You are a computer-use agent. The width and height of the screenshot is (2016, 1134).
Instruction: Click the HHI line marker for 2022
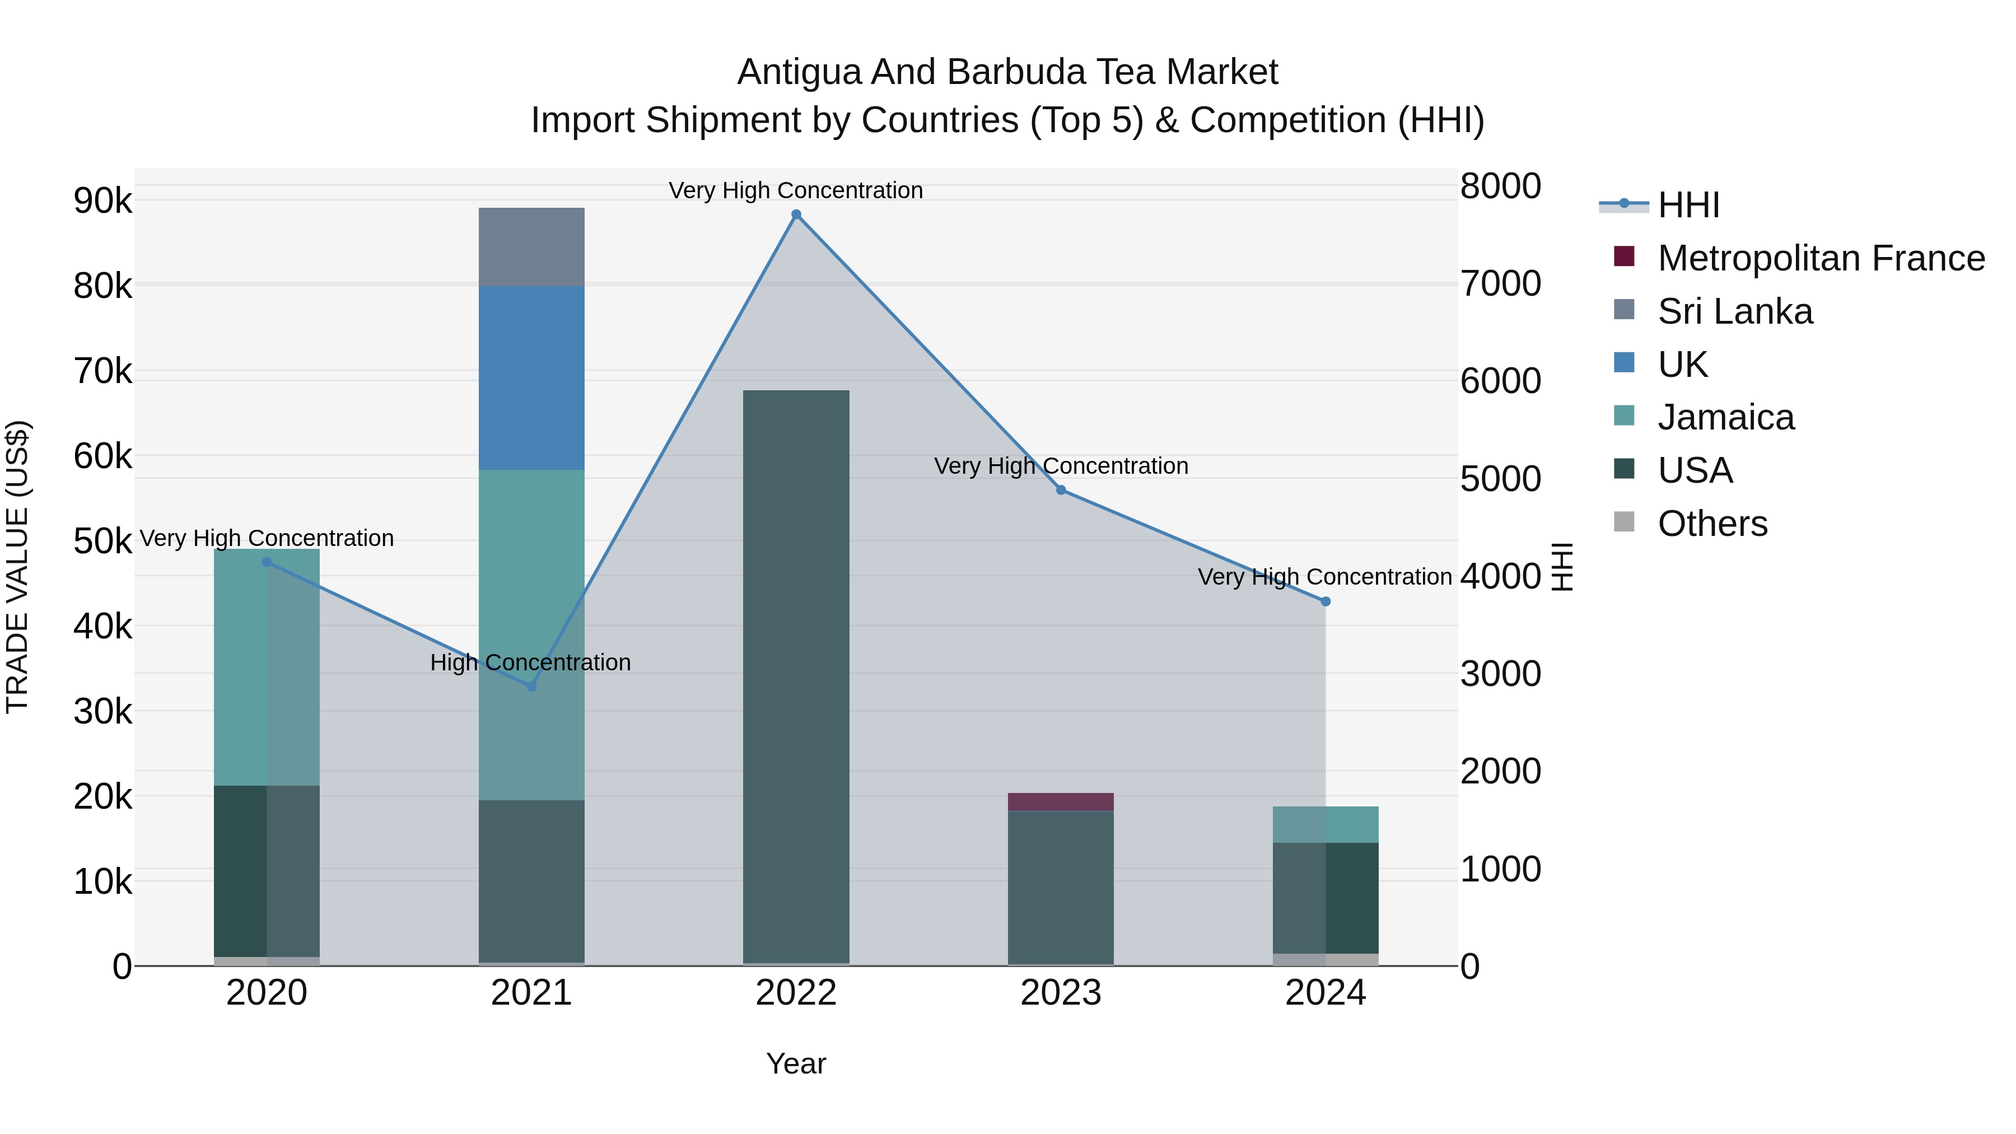click(796, 214)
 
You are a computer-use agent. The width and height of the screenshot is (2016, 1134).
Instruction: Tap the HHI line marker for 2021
click(531, 687)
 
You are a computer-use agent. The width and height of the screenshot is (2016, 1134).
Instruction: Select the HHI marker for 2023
click(1061, 490)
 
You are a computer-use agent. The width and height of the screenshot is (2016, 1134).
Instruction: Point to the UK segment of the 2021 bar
click(531, 377)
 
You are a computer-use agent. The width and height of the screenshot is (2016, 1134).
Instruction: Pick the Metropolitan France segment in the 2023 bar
click(1061, 801)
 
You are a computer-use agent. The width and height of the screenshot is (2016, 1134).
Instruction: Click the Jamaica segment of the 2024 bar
click(1325, 824)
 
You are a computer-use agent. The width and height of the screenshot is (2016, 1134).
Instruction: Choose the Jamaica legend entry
click(1726, 417)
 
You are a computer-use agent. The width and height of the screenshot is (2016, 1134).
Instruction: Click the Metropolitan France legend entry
click(1821, 258)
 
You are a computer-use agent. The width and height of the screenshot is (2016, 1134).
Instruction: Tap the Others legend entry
click(1712, 524)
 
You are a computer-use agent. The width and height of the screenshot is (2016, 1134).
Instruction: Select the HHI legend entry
click(1688, 205)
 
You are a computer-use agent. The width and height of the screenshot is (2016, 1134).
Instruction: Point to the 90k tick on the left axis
click(102, 201)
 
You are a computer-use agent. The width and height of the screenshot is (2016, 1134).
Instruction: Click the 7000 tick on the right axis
click(1500, 283)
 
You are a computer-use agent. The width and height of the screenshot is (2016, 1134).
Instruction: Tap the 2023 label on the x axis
click(1061, 993)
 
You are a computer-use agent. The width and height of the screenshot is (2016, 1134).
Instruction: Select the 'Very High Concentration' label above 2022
click(796, 190)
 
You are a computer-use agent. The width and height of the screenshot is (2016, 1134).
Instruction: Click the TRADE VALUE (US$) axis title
click(17, 567)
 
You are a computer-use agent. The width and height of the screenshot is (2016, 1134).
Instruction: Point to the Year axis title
click(796, 1063)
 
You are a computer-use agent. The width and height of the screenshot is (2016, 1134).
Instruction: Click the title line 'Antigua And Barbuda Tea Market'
click(1007, 72)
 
